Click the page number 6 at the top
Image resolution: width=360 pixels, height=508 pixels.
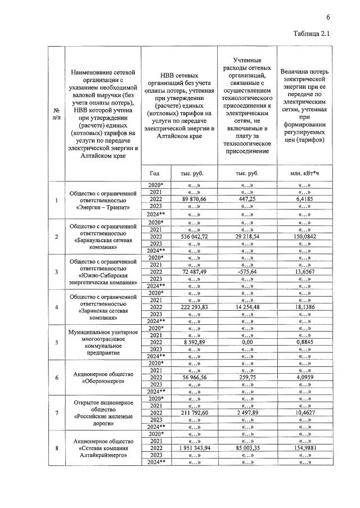pyautogui.click(x=327, y=17)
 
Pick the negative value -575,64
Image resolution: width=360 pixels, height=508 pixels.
pyautogui.click(x=247, y=272)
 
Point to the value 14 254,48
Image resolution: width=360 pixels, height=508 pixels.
pyautogui.click(x=247, y=307)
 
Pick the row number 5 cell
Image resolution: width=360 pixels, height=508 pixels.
pyautogui.click(x=56, y=342)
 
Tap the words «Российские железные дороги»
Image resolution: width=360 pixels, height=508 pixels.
pyautogui.click(x=103, y=421)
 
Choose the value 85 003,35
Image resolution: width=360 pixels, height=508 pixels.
pyautogui.click(x=247, y=448)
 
